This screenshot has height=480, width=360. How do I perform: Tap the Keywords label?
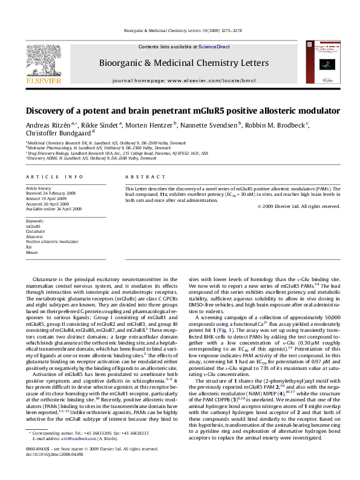tap(35, 222)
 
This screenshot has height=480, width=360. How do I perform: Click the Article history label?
tap(38, 189)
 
